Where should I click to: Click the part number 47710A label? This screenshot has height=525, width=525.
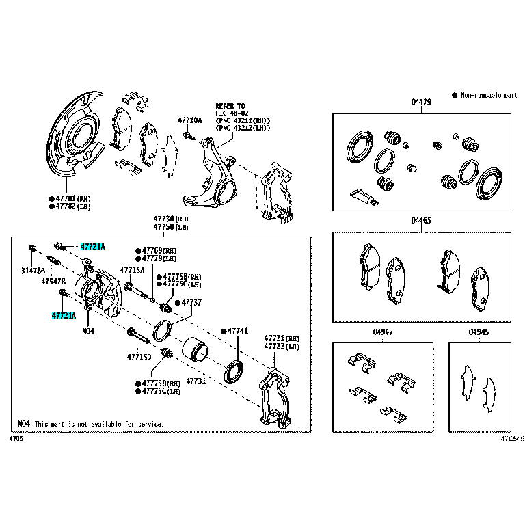190,120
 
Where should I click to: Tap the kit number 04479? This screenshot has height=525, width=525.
421,103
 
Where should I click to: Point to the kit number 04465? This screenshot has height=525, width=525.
421,221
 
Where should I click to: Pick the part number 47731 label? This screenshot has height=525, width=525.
196,381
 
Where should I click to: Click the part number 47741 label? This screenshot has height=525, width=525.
237,331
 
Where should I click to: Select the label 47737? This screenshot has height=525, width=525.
191,302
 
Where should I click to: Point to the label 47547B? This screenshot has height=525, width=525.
53,281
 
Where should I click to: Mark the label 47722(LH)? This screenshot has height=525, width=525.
282,347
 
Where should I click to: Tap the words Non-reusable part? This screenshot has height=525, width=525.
489,95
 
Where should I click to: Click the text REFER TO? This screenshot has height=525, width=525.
230,106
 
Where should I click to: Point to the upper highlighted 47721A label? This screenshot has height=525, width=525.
92,246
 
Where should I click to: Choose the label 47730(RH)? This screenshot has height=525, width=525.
171,218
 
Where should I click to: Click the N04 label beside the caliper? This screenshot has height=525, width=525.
87,331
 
